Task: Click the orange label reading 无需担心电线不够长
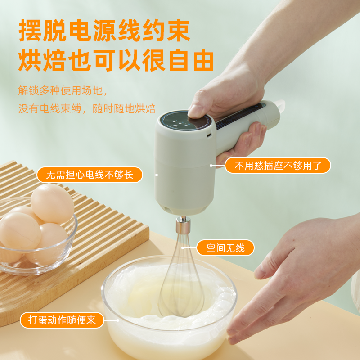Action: point(90,175)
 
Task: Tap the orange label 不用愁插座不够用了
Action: point(278,165)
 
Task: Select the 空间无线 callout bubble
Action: point(225,248)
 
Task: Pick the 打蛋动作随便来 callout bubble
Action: point(62,320)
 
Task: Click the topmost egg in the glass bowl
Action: point(52,203)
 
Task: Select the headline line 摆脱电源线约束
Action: point(104,31)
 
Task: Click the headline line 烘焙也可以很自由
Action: point(116,60)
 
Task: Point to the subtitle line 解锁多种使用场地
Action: point(63,90)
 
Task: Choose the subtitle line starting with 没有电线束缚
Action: point(87,108)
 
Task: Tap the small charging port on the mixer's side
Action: point(209,135)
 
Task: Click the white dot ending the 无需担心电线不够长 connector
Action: point(157,175)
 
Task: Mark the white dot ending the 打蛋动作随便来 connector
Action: point(118,320)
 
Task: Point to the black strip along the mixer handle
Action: point(240,117)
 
